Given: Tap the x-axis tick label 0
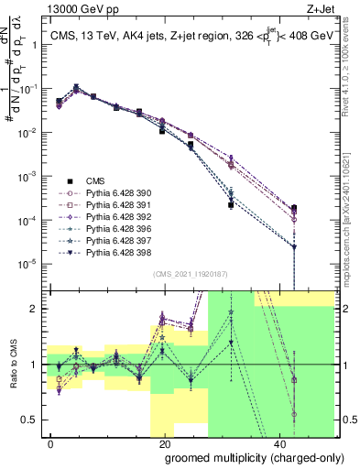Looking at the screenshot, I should [50, 442].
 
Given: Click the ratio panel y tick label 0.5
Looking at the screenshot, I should [31, 420].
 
